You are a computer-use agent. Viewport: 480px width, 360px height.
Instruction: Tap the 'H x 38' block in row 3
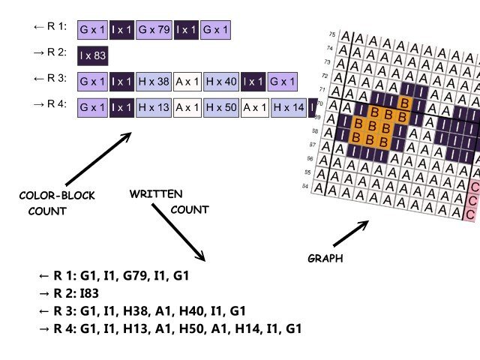tap(154, 81)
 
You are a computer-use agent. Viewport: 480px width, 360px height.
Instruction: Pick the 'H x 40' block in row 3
tap(221, 81)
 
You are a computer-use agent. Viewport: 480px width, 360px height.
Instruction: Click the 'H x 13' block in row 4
tap(154, 108)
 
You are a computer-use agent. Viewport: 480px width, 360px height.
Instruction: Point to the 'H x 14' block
tap(289, 108)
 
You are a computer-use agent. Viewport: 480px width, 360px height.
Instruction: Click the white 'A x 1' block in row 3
tap(187, 81)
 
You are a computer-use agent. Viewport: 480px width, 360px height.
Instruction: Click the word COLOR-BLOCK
tap(57, 196)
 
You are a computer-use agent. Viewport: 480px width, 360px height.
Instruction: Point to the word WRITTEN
tap(156, 194)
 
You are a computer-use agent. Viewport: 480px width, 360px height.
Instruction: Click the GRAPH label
tap(325, 258)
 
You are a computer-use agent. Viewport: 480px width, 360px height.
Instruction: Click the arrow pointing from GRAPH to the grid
tap(350, 234)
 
